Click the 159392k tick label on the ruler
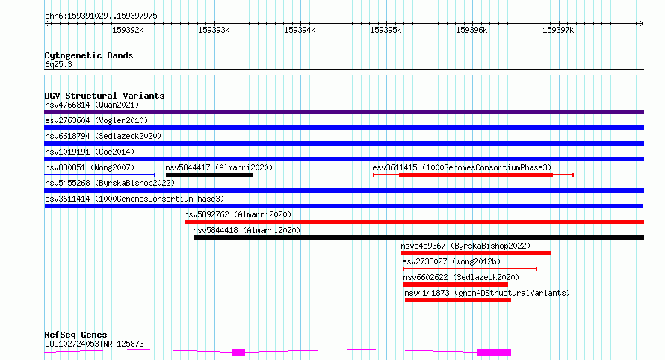[128, 30]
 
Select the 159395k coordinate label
[386, 30]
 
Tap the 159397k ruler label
[558, 30]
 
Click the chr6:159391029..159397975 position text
[101, 16]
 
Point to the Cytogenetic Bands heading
[89, 55]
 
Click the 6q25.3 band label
[58, 64]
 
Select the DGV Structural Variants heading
[105, 96]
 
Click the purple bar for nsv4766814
[344, 112]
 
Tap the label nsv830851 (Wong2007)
[90, 167]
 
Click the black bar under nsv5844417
[209, 175]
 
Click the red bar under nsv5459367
[476, 253]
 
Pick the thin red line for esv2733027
[470, 269]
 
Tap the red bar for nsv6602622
[456, 285]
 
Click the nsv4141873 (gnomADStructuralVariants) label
[487, 293]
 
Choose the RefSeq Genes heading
[75, 335]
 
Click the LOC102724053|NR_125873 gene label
[94, 344]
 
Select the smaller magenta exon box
[239, 353]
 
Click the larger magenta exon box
[494, 353]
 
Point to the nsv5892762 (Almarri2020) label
[238, 214]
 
